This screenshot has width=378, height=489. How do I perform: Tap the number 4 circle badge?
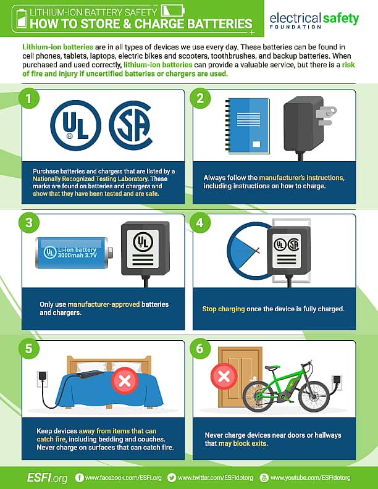point(201,223)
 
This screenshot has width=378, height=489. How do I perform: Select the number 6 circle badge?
point(201,348)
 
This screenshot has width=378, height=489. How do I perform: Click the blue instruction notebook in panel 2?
point(248,125)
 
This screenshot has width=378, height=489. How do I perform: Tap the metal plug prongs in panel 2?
point(325,115)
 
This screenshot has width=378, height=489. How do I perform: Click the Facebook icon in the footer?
point(79,477)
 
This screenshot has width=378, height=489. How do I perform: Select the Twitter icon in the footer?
point(172,477)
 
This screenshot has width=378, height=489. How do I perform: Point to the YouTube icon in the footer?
point(265,477)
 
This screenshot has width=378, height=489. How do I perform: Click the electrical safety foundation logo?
point(314,20)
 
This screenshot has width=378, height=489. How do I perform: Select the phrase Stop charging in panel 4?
point(224,308)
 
